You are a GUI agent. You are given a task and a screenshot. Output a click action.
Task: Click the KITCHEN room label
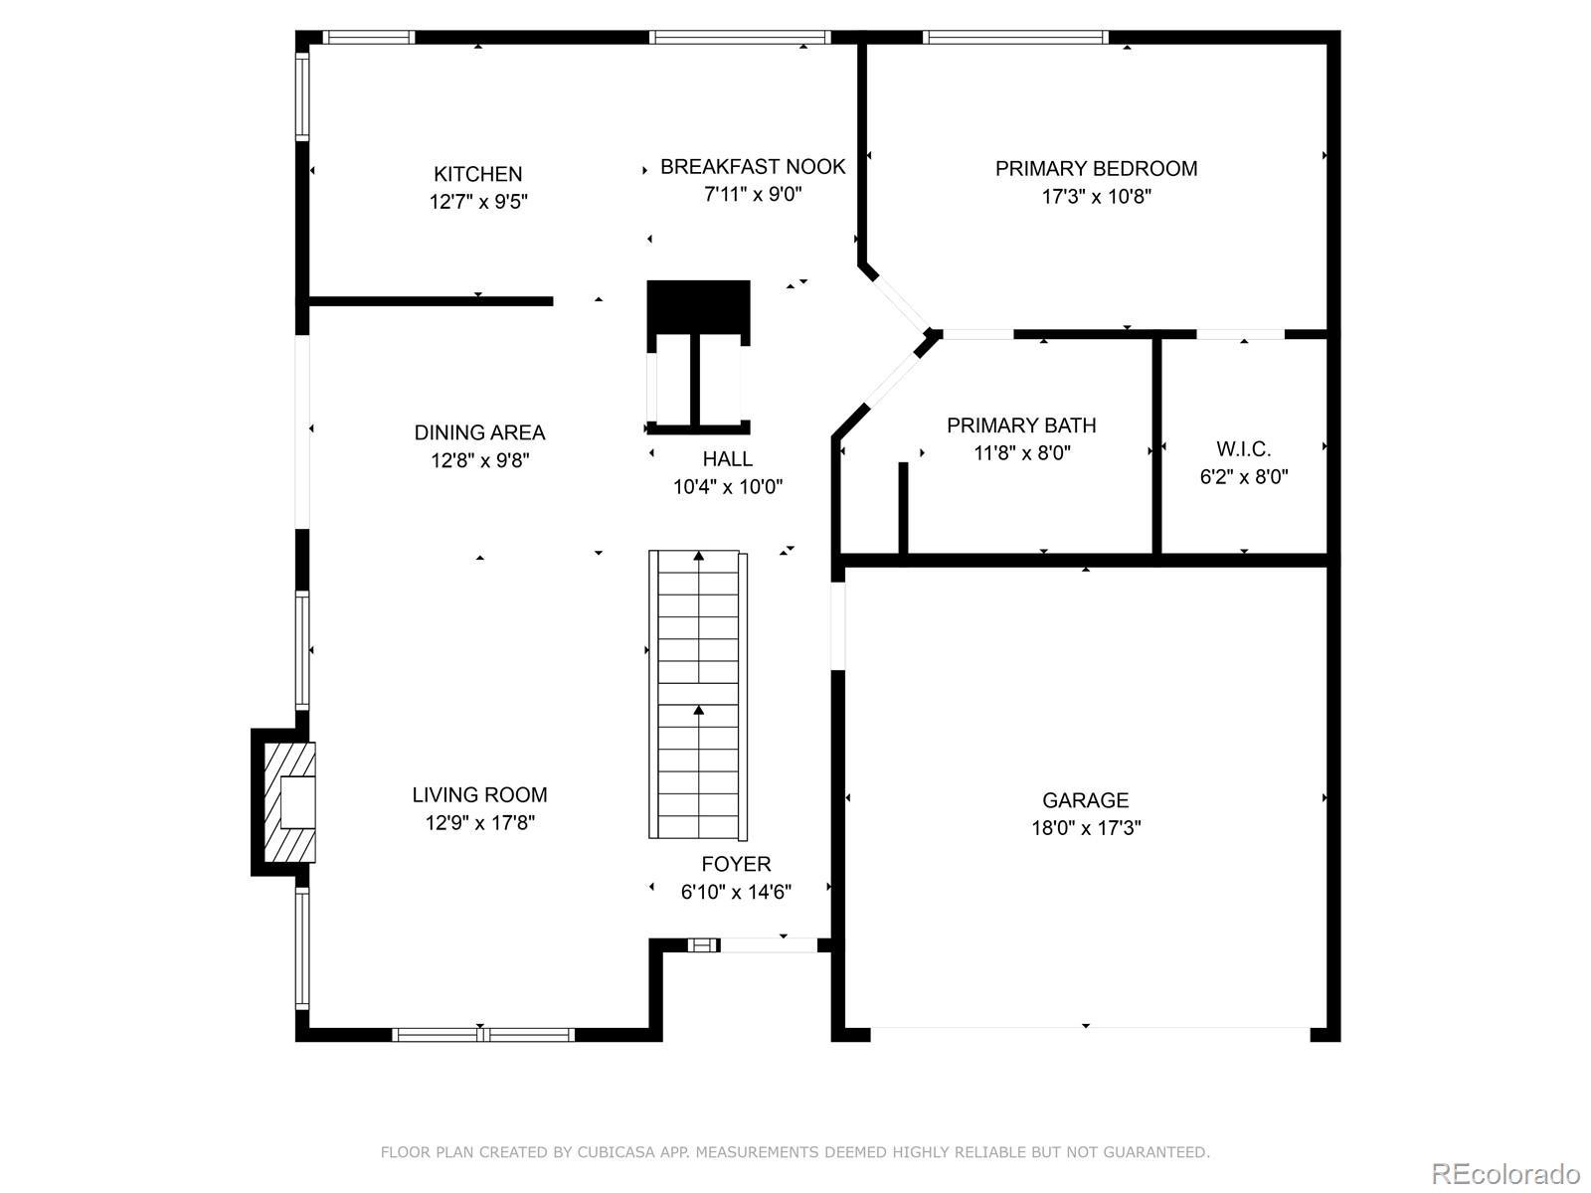tap(477, 174)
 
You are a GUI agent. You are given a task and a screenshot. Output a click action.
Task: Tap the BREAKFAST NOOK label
tap(753, 167)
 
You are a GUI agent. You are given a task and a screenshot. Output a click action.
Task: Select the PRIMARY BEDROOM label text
tap(1096, 169)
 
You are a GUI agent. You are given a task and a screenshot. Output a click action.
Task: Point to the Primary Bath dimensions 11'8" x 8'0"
tap(1022, 452)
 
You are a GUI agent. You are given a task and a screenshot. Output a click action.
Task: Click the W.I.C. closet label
tap(1244, 449)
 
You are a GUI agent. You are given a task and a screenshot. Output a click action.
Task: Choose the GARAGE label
tap(1085, 800)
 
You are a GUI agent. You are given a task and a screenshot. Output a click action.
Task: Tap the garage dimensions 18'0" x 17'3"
tap(1086, 828)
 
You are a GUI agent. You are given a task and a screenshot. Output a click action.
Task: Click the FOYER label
tap(736, 864)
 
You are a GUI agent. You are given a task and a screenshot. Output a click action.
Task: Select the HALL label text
tap(727, 458)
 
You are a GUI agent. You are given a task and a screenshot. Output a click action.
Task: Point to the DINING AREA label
tap(479, 432)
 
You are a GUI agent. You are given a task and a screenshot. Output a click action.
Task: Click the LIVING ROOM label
tap(479, 794)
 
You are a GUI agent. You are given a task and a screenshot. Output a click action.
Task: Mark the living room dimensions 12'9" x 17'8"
tap(480, 822)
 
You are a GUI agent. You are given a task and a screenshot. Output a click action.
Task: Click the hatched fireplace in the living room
tap(289, 802)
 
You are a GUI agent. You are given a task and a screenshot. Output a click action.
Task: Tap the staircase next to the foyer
tap(698, 695)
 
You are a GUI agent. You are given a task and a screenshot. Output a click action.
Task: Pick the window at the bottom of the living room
tap(483, 1034)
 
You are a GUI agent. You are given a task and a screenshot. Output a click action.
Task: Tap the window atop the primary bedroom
tap(1015, 37)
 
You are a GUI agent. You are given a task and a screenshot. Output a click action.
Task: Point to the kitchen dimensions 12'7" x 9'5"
tap(478, 202)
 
